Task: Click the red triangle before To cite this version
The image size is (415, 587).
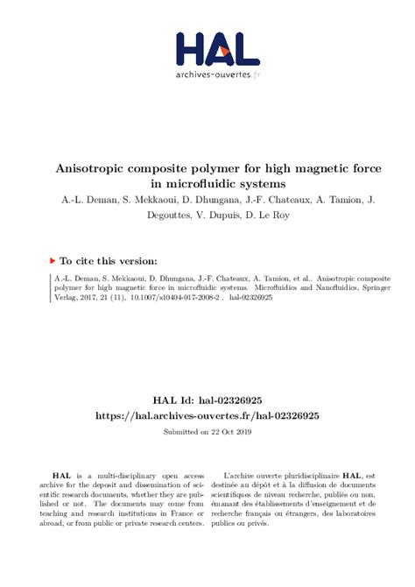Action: [52, 260]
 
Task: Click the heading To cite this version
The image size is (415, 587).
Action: [109, 260]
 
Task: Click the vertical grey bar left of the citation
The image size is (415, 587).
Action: [48, 286]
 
